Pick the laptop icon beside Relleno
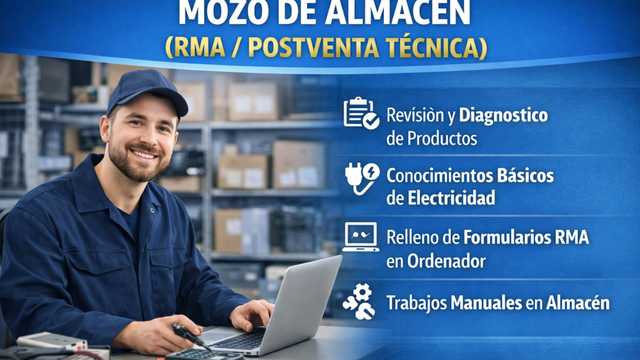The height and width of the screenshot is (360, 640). pyautogui.click(x=360, y=237)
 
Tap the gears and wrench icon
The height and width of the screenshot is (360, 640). pyautogui.click(x=359, y=301)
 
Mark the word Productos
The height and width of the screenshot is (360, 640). pyautogui.click(x=435, y=138)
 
